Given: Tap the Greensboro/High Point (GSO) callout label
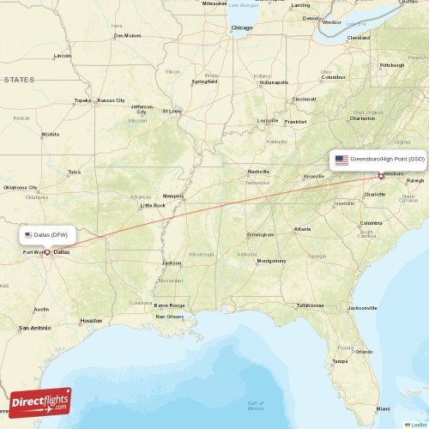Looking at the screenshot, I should coord(378,160).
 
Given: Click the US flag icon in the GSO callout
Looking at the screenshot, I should coord(341,160).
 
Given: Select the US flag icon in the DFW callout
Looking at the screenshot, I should coord(28,234).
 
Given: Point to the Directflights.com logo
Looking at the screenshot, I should coord(41,402).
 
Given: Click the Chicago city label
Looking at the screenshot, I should coord(242,28).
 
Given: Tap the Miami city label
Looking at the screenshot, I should coord(383,408).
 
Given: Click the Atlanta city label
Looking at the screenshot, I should coord(302,229).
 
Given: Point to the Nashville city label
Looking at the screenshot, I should coord(258,171).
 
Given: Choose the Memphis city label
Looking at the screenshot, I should coord(173,196).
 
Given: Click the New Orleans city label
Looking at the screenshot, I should coord(170,317).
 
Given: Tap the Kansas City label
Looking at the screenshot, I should coord(112,100).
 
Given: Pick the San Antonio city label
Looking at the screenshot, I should coord(35,328).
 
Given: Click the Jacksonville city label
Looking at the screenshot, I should coord(362,307).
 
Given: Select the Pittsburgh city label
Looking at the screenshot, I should coord(392,65).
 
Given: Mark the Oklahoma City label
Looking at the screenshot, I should coord(21,187).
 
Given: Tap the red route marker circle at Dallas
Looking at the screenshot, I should coord(47,253).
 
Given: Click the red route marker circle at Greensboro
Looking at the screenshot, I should coord(381,177).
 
